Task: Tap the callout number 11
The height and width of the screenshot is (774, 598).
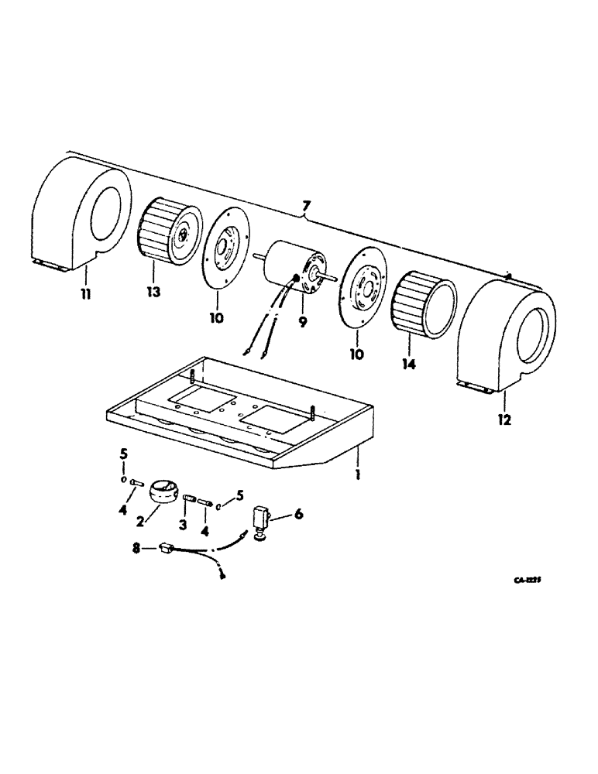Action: (86, 295)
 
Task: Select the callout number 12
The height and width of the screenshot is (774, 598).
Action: (505, 420)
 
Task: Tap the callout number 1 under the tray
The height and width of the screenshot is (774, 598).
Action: (357, 474)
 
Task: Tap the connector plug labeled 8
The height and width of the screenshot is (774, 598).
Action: (164, 548)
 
